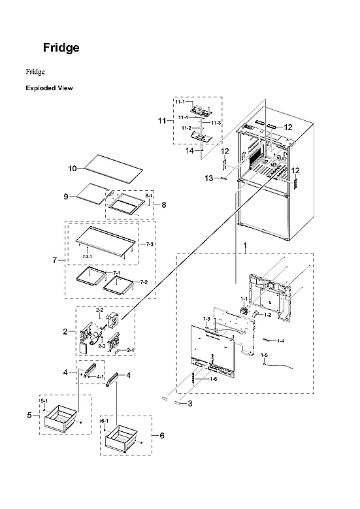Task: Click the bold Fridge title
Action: tap(61, 48)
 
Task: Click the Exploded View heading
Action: tap(49, 88)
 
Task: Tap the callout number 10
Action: tap(73, 168)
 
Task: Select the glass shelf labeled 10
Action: tap(110, 168)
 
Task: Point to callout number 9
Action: tap(66, 196)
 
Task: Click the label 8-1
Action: tap(148, 196)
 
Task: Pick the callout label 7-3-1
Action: tap(87, 257)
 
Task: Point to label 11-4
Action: tap(184, 118)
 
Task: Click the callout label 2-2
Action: tap(101, 309)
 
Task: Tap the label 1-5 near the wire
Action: tap(265, 355)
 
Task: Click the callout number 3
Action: tap(189, 404)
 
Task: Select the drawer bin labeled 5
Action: tap(60, 418)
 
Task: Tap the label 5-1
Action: tap(44, 400)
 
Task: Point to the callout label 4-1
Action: tap(100, 377)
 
